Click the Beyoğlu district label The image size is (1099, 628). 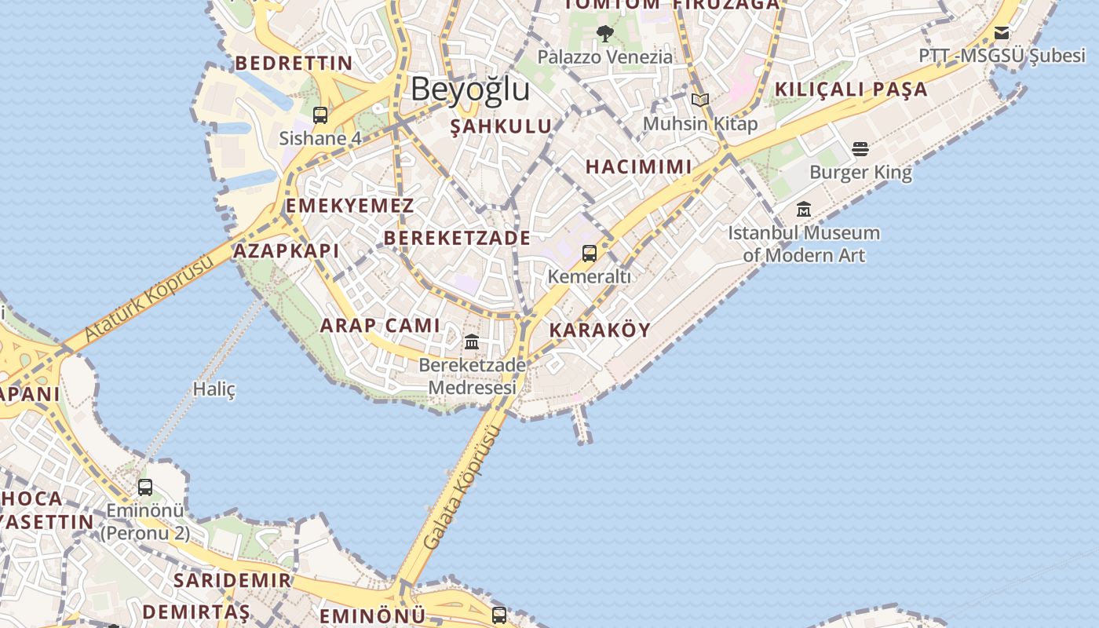click(x=470, y=89)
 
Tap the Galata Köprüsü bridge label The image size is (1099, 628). click(x=462, y=488)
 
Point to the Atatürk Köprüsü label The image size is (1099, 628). click(x=148, y=298)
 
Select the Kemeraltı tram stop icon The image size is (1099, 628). click(x=590, y=254)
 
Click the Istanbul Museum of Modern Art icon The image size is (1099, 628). click(x=804, y=210)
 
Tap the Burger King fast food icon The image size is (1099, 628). click(x=860, y=149)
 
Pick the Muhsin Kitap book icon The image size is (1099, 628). click(x=699, y=100)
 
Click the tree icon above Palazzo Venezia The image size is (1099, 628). click(x=604, y=34)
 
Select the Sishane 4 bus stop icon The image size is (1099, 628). click(x=320, y=115)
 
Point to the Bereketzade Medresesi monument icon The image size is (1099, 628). click(x=472, y=342)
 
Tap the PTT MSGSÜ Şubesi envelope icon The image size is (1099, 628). click(x=1002, y=33)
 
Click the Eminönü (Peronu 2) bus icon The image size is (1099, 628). click(x=145, y=487)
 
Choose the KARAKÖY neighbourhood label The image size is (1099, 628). click(x=600, y=330)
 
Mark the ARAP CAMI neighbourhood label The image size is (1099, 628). click(x=380, y=326)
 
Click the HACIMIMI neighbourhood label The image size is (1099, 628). click(x=639, y=166)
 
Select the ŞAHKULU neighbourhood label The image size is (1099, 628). click(x=501, y=127)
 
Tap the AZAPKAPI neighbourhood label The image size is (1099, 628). click(x=287, y=251)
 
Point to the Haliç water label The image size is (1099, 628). click(x=214, y=389)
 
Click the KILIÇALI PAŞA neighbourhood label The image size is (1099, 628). click(x=851, y=89)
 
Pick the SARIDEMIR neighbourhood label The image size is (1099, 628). click(x=232, y=581)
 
